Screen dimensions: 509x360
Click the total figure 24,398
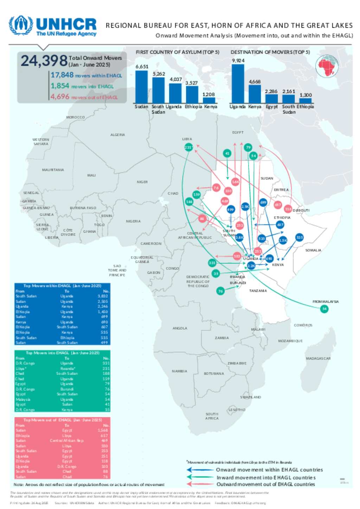pos(44,61)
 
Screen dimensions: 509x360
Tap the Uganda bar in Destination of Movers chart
pos(238,83)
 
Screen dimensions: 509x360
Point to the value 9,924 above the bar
pos(238,61)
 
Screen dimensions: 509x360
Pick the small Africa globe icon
pos(327,66)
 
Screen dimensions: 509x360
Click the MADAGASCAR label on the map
pos(318,358)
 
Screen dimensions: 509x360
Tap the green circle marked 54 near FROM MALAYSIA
pos(324,309)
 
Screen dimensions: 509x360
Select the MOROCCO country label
pos(75,117)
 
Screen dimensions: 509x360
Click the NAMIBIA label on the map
pos(179,371)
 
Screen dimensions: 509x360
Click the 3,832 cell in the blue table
pos(103,296)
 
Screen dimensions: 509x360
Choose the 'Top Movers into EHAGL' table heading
pos(63,353)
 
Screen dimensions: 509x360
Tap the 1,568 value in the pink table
pos(103,430)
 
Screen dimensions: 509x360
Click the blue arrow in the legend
pos(199,470)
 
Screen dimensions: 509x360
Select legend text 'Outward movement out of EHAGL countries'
pos(265,484)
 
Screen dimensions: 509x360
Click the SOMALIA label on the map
pos(313,250)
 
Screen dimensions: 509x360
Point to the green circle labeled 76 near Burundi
pos(220,291)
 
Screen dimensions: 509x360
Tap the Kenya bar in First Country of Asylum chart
pos(208,100)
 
